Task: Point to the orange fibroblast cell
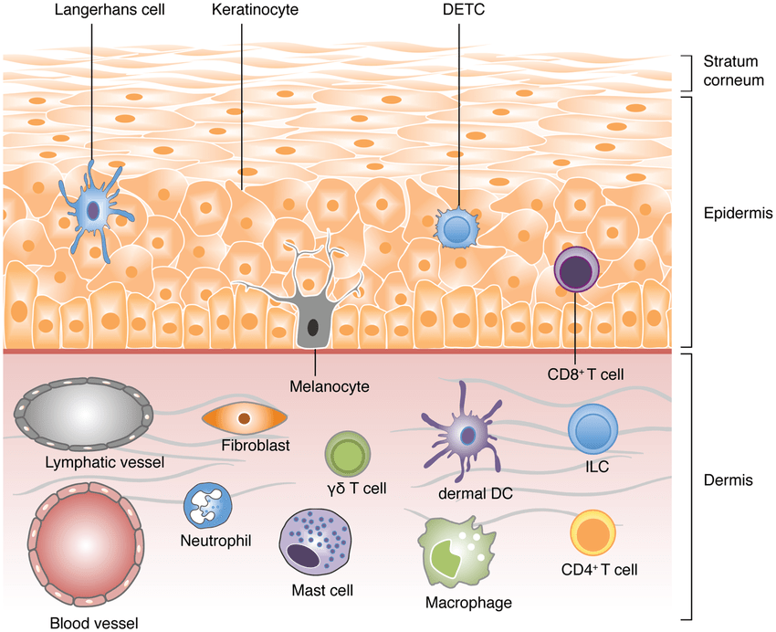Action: (x=245, y=418)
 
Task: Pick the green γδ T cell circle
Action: (x=348, y=454)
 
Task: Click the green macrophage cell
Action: (x=456, y=553)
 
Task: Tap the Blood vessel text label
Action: (x=93, y=624)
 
